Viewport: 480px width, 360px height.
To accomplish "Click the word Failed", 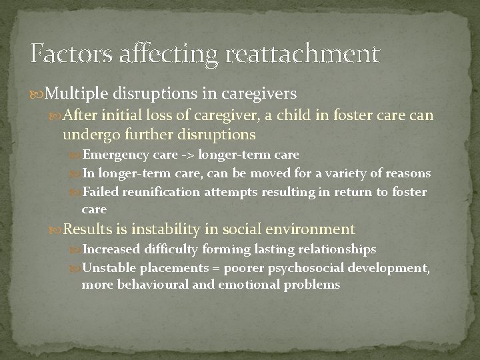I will point(98,191).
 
